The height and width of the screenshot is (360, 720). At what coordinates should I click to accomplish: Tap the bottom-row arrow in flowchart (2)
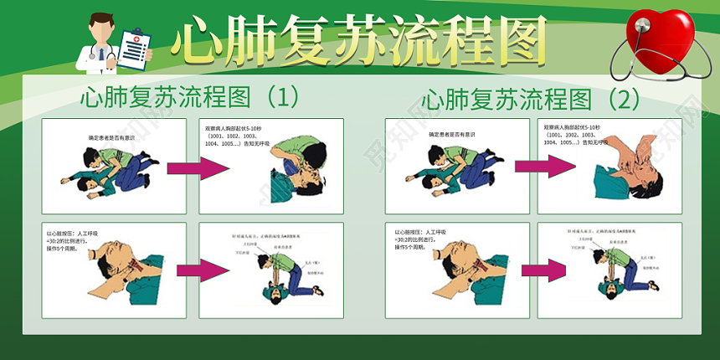[x=543, y=270]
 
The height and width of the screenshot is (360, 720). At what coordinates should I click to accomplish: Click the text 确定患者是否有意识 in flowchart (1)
[x=111, y=136]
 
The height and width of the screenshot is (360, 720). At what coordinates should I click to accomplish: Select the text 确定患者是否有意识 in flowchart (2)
[x=452, y=134]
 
